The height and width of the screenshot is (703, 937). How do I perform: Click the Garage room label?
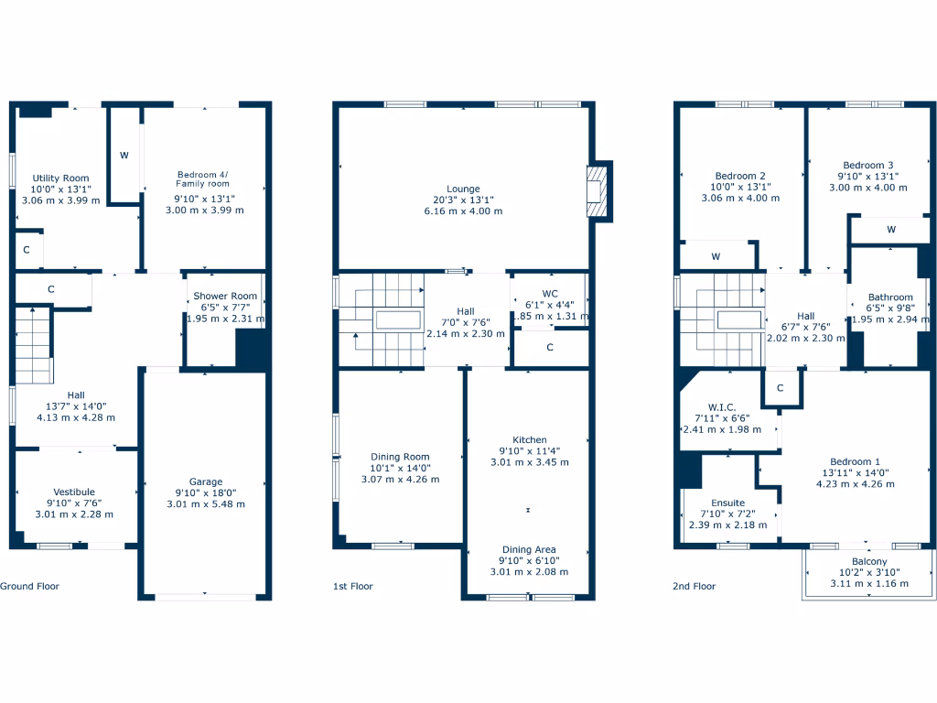click(x=205, y=482)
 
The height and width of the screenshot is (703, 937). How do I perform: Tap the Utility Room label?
click(x=60, y=178)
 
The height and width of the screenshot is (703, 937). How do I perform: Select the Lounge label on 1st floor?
click(x=463, y=189)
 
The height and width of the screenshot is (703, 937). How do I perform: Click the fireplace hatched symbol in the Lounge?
click(x=597, y=191)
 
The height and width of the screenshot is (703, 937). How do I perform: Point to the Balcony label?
click(x=868, y=562)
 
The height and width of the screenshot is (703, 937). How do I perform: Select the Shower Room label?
click(x=225, y=296)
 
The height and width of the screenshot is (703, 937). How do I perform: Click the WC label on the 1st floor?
click(x=549, y=294)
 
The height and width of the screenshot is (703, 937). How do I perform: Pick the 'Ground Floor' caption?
click(x=29, y=586)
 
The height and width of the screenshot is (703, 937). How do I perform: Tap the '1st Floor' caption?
click(x=353, y=586)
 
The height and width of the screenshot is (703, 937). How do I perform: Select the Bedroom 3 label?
click(x=867, y=165)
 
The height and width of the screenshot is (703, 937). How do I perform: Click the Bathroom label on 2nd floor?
click(x=890, y=297)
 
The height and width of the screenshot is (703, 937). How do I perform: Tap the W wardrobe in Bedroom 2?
click(x=716, y=257)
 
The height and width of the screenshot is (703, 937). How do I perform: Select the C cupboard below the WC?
click(x=549, y=348)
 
